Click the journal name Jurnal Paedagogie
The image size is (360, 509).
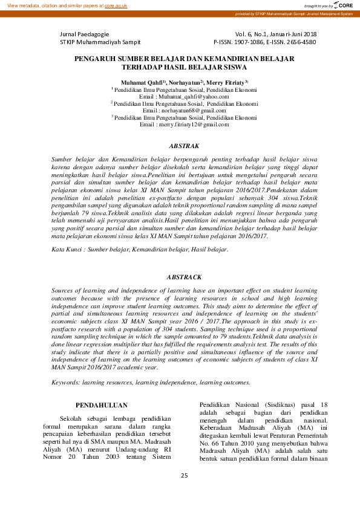[85, 34]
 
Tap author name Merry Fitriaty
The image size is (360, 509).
[226, 81]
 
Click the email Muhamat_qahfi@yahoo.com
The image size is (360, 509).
[194, 97]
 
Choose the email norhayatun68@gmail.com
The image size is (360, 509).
[194, 111]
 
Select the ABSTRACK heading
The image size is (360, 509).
[184, 277]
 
